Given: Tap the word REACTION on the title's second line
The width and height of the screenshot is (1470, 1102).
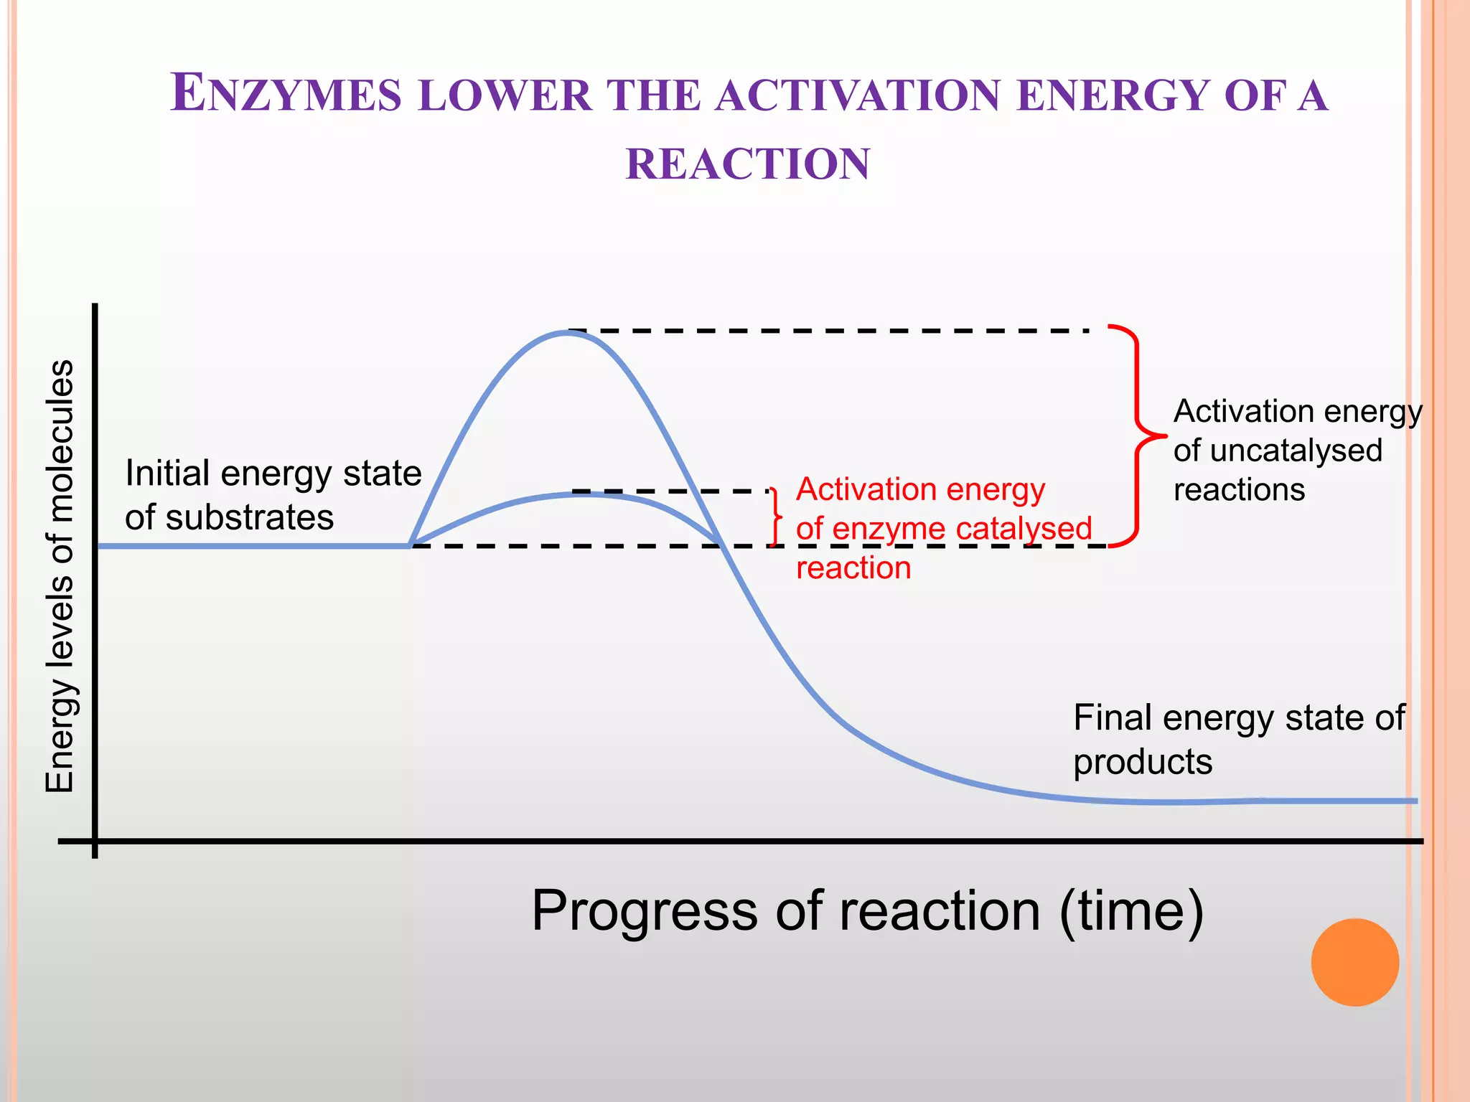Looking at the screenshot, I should pyautogui.click(x=748, y=164).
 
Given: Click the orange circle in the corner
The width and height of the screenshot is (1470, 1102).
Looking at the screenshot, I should pyautogui.click(x=1354, y=962).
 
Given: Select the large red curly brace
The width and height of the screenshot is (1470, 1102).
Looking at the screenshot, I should pyautogui.click(x=1138, y=435).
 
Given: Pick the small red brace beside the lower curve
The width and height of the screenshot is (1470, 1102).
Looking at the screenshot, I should pyautogui.click(x=775, y=517).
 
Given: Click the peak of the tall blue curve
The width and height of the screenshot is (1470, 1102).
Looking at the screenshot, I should pyautogui.click(x=568, y=333).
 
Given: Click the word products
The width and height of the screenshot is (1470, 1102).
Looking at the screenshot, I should pyautogui.click(x=1142, y=762).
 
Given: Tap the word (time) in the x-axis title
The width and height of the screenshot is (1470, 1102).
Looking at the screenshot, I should pyautogui.click(x=1131, y=911).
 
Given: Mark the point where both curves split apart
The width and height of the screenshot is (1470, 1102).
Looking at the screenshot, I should pyautogui.click(x=411, y=545).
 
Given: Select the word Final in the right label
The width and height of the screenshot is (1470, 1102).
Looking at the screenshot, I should pyautogui.click(x=1112, y=717).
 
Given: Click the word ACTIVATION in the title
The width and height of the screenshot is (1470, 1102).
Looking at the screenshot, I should pyautogui.click(x=858, y=95).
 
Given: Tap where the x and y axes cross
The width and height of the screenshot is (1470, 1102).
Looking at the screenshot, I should pyautogui.click(x=95, y=841).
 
